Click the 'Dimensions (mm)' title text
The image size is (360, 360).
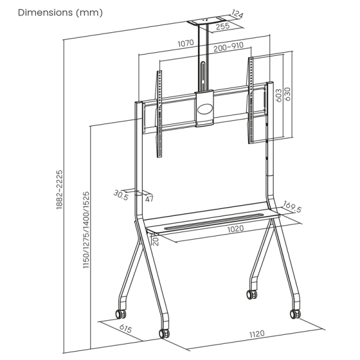[60, 13]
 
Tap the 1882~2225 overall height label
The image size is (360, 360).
[59, 190]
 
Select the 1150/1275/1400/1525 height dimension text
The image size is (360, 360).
[86, 230]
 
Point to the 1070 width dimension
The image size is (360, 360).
[186, 43]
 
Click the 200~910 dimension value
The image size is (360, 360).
[229, 47]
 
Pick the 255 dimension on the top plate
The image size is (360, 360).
[223, 26]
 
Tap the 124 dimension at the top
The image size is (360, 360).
[237, 14]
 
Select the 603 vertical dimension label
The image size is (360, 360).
[278, 95]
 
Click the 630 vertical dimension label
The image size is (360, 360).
[287, 94]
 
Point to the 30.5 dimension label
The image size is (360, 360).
[121, 195]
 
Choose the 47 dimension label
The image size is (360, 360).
[149, 199]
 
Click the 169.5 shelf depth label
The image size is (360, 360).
[292, 206]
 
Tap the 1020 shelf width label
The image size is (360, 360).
[236, 229]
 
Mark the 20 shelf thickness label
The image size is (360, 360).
[155, 242]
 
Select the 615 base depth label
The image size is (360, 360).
[125, 328]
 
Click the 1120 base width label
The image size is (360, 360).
[257, 334]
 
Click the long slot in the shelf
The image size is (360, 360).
[214, 221]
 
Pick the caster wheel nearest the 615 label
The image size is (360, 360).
[121, 314]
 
